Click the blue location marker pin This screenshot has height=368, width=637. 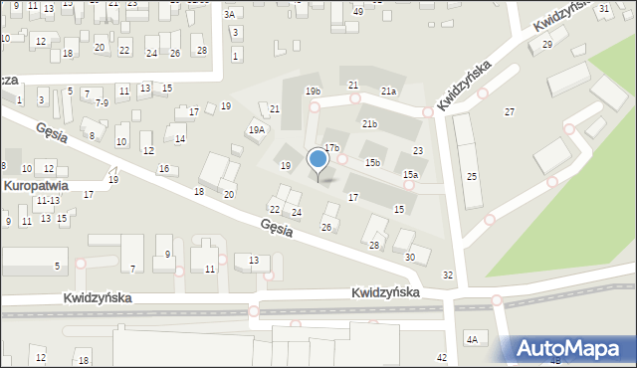pos(318,160)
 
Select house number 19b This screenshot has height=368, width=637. pos(313,92)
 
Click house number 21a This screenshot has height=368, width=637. pos(388,92)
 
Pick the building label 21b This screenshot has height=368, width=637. pos(369,124)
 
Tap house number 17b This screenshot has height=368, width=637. pos(330,147)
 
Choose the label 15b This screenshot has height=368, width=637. pos(372,162)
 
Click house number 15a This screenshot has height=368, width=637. pos(410,175)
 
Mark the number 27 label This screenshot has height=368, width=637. pos(510,111)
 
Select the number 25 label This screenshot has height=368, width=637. pos(472,176)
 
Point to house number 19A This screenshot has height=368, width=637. pos(257,130)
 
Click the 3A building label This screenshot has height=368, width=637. pos(230,14)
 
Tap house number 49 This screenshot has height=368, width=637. pos(358,11)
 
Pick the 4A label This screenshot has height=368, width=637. pos(473,340)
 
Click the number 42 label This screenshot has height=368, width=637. pos(442,357)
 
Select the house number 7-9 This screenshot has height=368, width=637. pos(102,102)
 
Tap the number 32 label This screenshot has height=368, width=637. pos(448,276)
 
